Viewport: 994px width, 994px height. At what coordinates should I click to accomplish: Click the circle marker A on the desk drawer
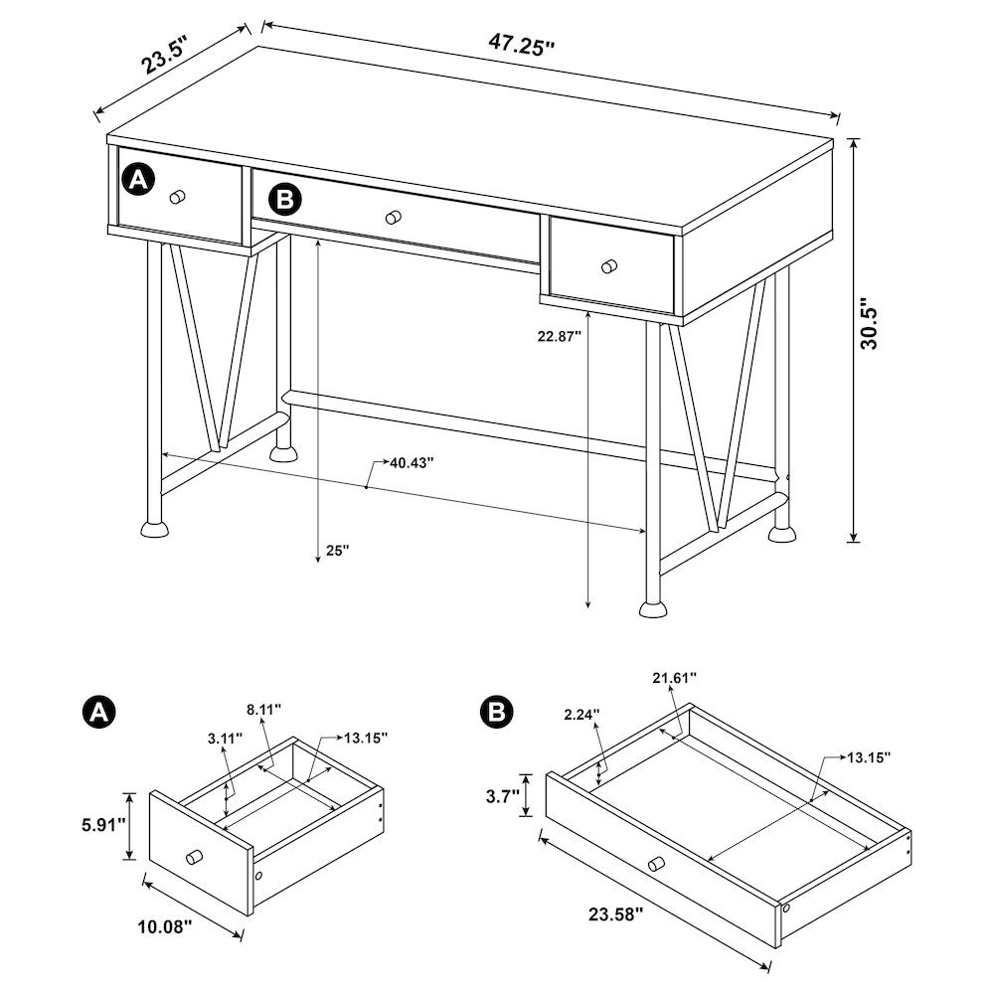click(137, 179)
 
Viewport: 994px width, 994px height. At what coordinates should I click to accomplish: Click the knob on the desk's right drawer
click(609, 265)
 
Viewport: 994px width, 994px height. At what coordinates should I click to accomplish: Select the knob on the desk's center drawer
click(394, 217)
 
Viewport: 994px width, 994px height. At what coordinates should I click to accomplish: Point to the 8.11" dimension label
click(262, 709)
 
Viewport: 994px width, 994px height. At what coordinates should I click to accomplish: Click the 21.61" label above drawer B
click(674, 677)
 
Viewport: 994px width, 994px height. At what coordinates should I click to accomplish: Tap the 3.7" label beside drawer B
click(500, 795)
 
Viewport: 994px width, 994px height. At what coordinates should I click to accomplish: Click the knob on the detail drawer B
click(655, 866)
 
